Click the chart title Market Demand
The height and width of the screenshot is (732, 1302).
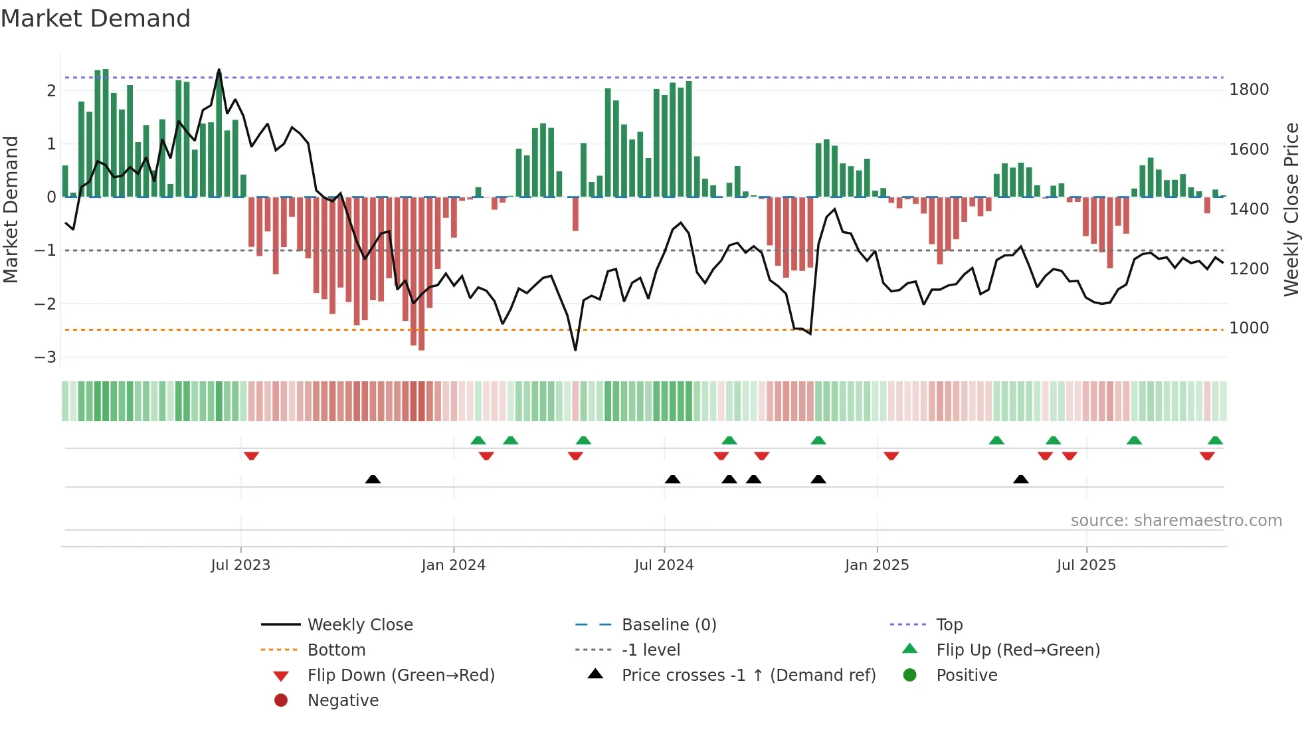tap(96, 19)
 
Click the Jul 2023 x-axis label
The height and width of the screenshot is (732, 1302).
tap(240, 565)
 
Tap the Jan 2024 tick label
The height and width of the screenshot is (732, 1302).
tap(453, 565)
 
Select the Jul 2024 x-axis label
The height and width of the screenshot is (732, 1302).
tap(664, 565)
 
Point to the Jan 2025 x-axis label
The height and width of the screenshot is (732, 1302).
tap(876, 565)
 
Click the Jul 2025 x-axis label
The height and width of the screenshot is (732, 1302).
tap(1086, 565)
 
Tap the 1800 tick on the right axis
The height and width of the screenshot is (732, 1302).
tap(1249, 90)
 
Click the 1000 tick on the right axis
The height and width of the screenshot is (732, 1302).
tap(1249, 328)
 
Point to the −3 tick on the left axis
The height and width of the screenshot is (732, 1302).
tap(46, 357)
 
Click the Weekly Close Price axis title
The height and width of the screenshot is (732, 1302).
tap(1291, 209)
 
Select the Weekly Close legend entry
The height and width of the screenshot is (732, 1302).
tap(359, 625)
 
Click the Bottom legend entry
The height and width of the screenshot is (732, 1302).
tap(336, 650)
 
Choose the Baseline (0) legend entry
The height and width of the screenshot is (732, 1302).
tap(668, 625)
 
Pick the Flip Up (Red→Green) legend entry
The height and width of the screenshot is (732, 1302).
tap(1018, 650)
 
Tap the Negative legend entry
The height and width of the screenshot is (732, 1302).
tap(343, 701)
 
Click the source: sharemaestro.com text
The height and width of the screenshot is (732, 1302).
tap(1176, 521)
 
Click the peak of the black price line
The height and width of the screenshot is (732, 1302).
tap(219, 70)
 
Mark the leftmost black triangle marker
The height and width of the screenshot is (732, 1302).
tap(373, 479)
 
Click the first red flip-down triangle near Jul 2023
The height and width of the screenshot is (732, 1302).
tap(251, 456)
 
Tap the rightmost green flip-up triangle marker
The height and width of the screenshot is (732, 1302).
tap(1215, 440)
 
